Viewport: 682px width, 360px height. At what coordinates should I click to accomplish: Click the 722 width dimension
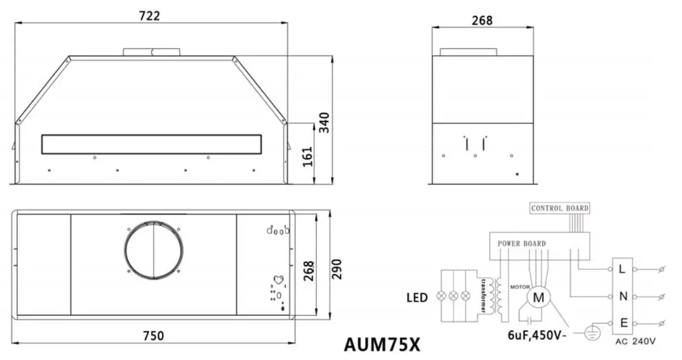[150, 16]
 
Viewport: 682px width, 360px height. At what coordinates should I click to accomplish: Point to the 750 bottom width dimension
[153, 336]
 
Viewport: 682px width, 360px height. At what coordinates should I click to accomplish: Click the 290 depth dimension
[336, 271]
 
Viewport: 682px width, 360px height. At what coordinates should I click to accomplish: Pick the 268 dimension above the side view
[482, 20]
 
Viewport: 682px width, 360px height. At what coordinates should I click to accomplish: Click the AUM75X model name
[382, 344]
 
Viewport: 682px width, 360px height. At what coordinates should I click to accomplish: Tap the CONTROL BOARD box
[560, 208]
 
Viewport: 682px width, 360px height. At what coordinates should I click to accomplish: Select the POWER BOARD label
[521, 244]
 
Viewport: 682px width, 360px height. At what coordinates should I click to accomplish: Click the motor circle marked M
[539, 297]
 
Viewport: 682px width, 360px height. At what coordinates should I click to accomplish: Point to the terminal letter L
[622, 269]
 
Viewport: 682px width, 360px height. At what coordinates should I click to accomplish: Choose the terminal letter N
[622, 296]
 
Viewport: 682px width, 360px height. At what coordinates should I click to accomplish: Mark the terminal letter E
[624, 323]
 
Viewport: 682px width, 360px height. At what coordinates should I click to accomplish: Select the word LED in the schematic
[416, 297]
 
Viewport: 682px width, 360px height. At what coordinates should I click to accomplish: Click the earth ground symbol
[591, 333]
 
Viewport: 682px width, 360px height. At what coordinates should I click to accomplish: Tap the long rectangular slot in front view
[152, 144]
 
